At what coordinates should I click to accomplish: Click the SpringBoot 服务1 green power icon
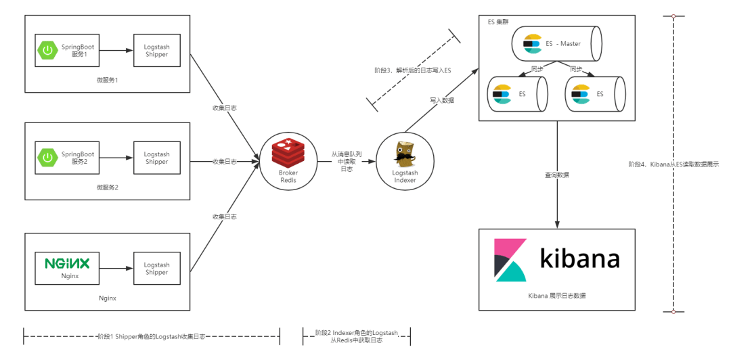47,50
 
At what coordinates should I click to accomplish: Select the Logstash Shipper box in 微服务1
156,51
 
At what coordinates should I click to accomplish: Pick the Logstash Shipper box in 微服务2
156,158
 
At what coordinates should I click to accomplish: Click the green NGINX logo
71,263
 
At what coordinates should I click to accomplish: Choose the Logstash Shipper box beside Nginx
156,269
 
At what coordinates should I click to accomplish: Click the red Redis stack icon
288,152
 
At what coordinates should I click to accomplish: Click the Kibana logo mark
510,261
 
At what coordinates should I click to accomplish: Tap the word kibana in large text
579,258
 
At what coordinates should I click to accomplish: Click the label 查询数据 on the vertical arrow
557,175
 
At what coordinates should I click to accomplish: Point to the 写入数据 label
441,100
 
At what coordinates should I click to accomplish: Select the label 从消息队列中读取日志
346,162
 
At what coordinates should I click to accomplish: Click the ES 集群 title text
501,22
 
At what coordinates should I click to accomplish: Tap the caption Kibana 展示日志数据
557,296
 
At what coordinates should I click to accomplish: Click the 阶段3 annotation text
412,70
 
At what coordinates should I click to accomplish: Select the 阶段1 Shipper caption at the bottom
151,336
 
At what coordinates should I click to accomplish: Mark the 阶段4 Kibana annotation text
673,164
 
